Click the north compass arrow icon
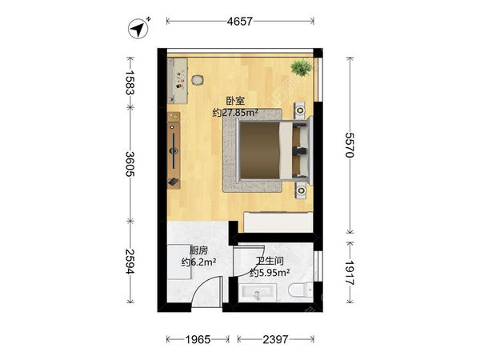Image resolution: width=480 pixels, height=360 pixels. click(138, 29)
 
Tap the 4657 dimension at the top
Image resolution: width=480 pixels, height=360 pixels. click(240, 22)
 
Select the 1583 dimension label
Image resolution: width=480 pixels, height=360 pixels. click(130, 82)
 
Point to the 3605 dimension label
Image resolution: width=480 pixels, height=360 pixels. click(130, 164)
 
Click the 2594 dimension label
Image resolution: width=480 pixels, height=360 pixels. click(130, 261)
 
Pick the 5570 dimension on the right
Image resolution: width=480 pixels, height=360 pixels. click(350, 145)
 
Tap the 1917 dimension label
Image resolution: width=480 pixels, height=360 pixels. click(350, 273)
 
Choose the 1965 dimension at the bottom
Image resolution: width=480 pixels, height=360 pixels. click(198, 339)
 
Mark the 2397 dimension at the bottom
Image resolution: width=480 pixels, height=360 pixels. click(275, 339)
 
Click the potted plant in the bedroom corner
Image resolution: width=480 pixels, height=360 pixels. click(302, 68)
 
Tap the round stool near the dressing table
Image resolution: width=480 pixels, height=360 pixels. click(198, 80)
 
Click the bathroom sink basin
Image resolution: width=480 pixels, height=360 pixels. click(258, 292)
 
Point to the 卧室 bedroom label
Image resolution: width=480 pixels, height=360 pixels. click(235, 101)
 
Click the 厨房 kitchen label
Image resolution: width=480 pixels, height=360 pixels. click(198, 250)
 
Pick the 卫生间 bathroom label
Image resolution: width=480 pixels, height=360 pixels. click(270, 261)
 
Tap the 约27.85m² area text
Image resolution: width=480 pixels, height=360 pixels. click(235, 113)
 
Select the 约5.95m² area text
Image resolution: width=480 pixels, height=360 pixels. click(270, 273)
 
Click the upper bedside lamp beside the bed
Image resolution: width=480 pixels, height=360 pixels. click(300, 110)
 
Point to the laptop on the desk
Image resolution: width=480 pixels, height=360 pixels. click(174, 182)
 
